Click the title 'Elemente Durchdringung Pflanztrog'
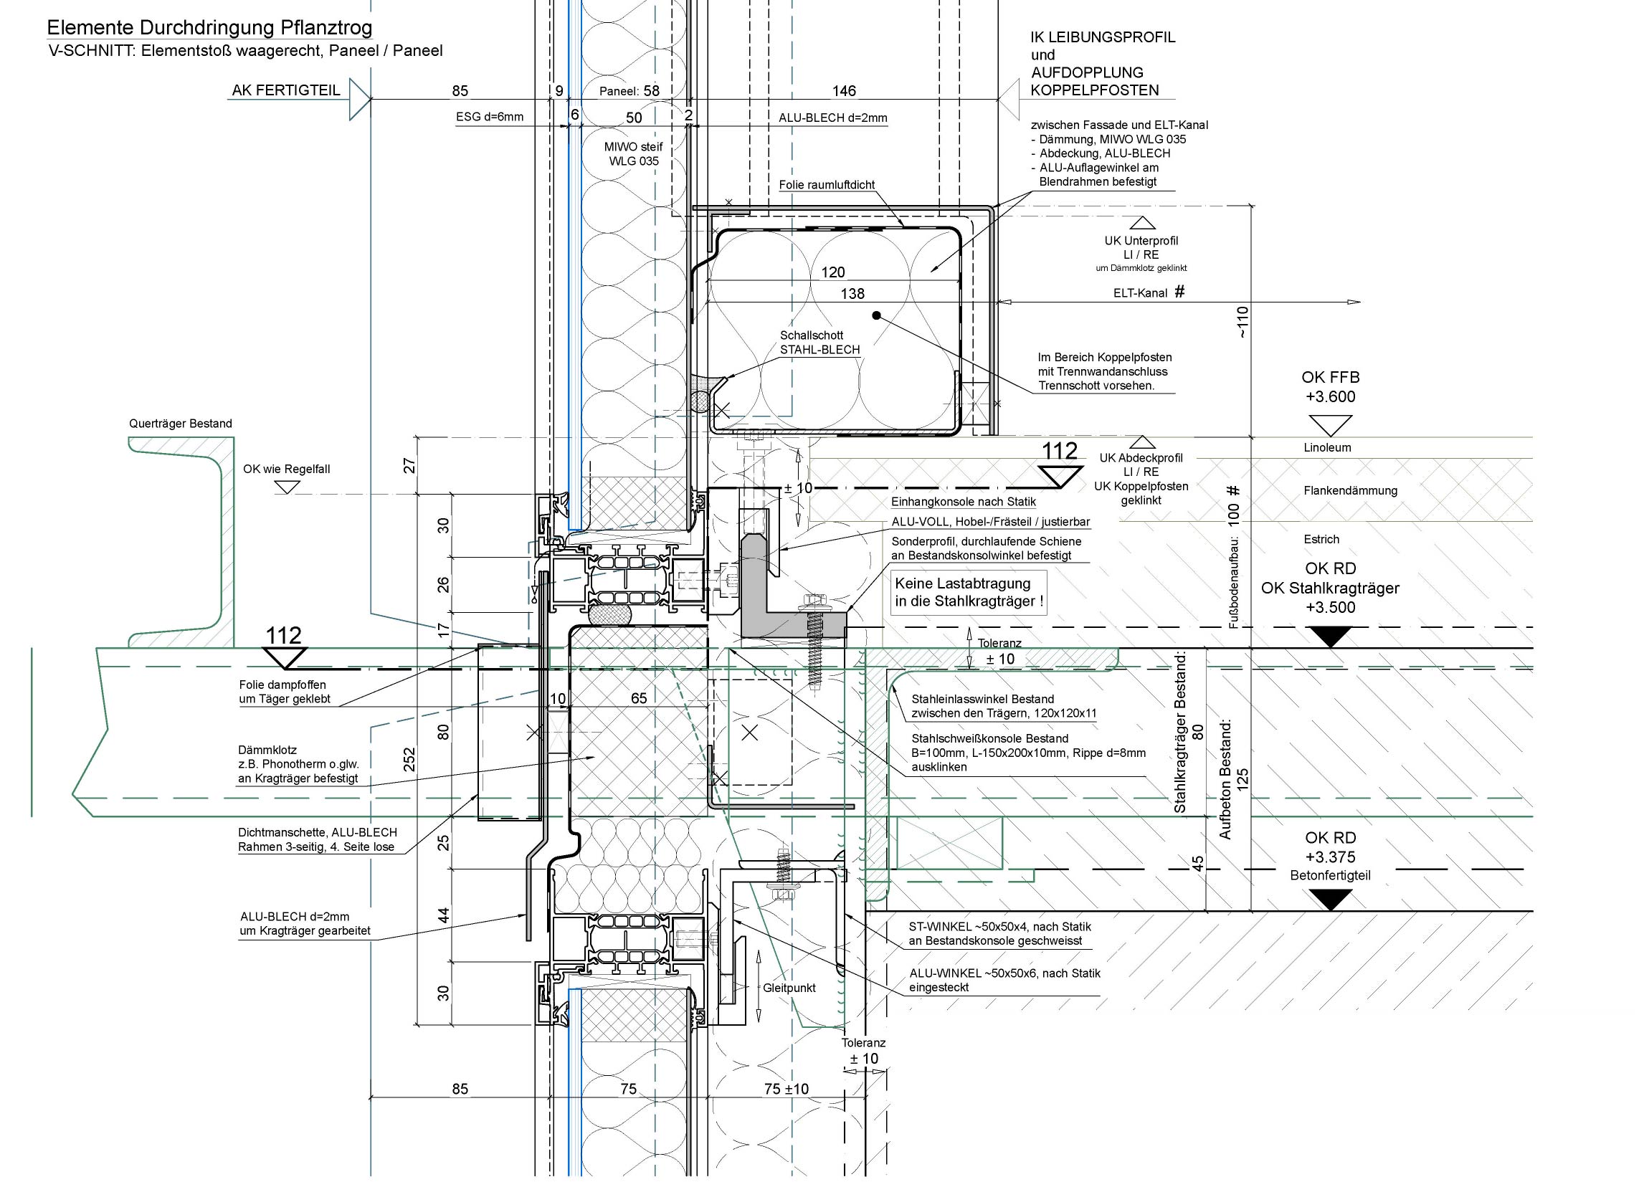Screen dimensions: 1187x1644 [209, 28]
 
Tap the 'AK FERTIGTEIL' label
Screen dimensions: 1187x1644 [285, 90]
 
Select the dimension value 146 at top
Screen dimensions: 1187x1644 [844, 91]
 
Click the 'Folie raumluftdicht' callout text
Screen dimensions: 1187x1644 [827, 185]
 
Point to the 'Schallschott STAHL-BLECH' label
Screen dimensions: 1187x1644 [819, 343]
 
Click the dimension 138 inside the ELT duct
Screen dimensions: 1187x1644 [852, 293]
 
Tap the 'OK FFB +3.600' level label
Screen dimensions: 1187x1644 [1330, 387]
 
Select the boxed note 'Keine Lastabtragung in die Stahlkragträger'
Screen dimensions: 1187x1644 [969, 592]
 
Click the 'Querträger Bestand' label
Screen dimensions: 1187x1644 [181, 424]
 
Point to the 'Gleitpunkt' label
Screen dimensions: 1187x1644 [789, 988]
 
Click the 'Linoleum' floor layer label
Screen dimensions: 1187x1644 [1327, 448]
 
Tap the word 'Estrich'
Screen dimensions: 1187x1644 [1321, 539]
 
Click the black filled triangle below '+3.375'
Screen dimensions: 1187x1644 [1331, 900]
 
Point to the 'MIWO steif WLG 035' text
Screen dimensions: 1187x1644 [634, 153]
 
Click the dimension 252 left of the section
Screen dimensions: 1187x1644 [409, 759]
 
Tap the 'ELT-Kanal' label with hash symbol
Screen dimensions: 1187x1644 [1149, 292]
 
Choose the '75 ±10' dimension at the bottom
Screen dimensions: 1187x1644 [786, 1089]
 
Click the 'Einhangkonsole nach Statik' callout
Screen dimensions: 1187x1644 [963, 502]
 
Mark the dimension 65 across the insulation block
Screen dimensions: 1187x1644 [639, 699]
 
